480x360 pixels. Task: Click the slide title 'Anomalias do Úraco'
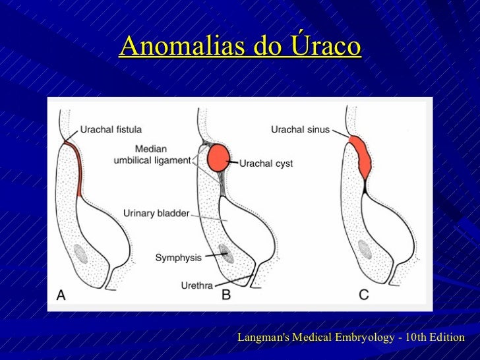(x=240, y=46)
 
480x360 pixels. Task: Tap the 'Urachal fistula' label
(x=111, y=129)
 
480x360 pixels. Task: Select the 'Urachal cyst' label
(x=266, y=163)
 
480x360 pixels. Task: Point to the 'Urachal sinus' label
(x=300, y=129)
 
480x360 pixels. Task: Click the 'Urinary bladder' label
(x=156, y=213)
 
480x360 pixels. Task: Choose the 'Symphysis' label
(x=178, y=257)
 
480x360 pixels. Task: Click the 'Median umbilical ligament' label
(x=152, y=154)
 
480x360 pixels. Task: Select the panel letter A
(x=61, y=295)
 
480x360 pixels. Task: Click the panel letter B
(x=226, y=295)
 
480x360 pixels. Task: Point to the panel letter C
(x=363, y=295)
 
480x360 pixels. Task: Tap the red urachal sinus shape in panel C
(x=360, y=156)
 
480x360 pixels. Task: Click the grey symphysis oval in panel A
(x=81, y=253)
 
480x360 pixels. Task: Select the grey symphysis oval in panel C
(x=363, y=249)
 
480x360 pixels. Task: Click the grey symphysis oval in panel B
(x=225, y=251)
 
